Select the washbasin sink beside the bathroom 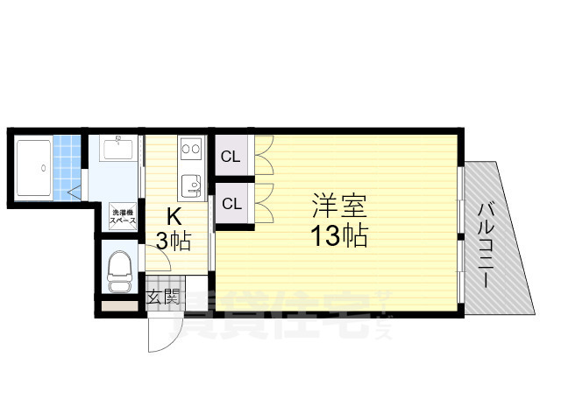pos(117,149)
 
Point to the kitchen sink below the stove pos(192,185)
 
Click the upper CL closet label pos(231,157)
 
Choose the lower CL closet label pos(231,204)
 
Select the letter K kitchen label pos(174,216)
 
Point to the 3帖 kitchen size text pos(174,241)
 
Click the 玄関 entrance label pos(162,297)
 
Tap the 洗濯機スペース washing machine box pos(122,219)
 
